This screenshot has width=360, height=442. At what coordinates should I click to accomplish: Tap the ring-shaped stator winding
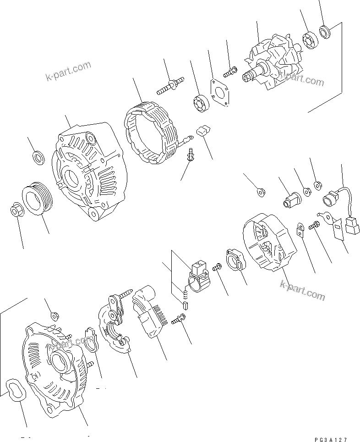click(151, 133)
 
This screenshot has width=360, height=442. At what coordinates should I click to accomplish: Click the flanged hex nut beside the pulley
click(16, 210)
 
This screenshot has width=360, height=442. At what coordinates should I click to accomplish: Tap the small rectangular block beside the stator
click(202, 132)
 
